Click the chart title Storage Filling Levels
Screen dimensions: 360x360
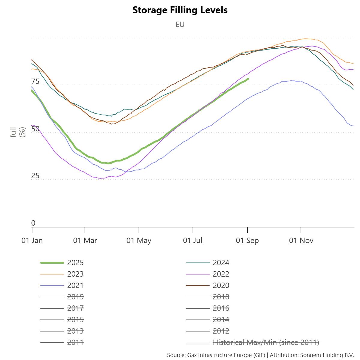[180, 10]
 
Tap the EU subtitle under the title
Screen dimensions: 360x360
[180, 24]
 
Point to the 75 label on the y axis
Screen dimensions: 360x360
[35, 82]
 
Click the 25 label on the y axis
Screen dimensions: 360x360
[35, 176]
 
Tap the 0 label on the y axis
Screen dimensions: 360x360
[33, 223]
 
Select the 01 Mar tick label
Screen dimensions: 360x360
[85, 240]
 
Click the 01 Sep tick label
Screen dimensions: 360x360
[247, 240]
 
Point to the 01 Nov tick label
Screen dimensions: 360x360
[301, 240]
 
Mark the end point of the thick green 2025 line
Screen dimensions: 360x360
[248, 79]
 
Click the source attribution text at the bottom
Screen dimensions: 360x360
[260, 355]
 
